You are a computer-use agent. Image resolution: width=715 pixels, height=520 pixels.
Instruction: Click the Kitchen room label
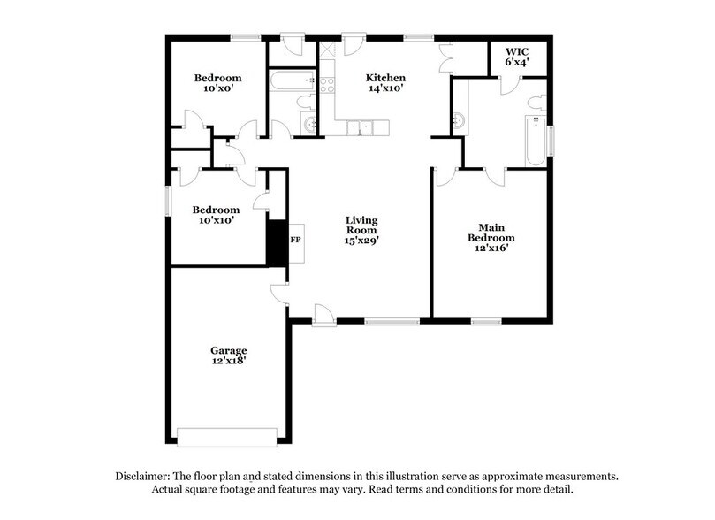tap(386, 78)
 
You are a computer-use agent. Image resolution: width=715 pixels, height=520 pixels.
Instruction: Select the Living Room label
tap(361, 220)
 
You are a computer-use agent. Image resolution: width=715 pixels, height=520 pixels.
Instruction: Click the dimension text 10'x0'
tap(218, 89)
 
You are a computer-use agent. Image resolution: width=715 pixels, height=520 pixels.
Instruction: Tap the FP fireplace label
tap(296, 240)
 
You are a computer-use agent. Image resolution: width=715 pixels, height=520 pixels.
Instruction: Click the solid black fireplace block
tap(278, 241)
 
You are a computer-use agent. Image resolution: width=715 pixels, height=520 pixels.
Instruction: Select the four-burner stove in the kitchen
tap(327, 85)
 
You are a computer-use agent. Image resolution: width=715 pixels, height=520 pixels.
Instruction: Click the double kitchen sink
tap(361, 128)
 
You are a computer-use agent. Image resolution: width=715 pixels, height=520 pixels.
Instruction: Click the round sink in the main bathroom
tap(459, 120)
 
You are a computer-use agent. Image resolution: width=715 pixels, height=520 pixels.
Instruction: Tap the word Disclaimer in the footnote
tap(144, 476)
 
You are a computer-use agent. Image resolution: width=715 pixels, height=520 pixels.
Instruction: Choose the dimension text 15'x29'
tap(361, 240)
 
